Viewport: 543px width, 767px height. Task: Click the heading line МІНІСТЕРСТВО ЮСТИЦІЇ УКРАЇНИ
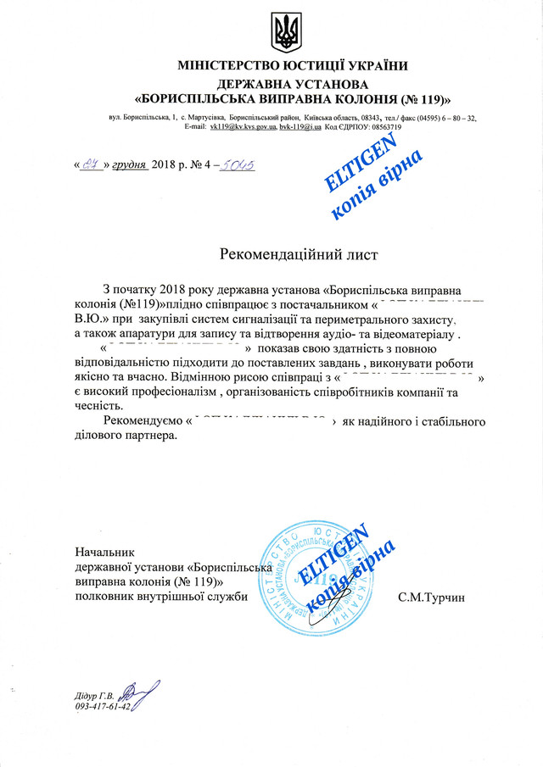coord(293,66)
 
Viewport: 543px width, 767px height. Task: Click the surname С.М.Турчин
coord(432,597)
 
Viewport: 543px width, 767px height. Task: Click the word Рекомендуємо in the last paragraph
coord(142,421)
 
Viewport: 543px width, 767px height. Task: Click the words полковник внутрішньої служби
coord(162,597)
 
